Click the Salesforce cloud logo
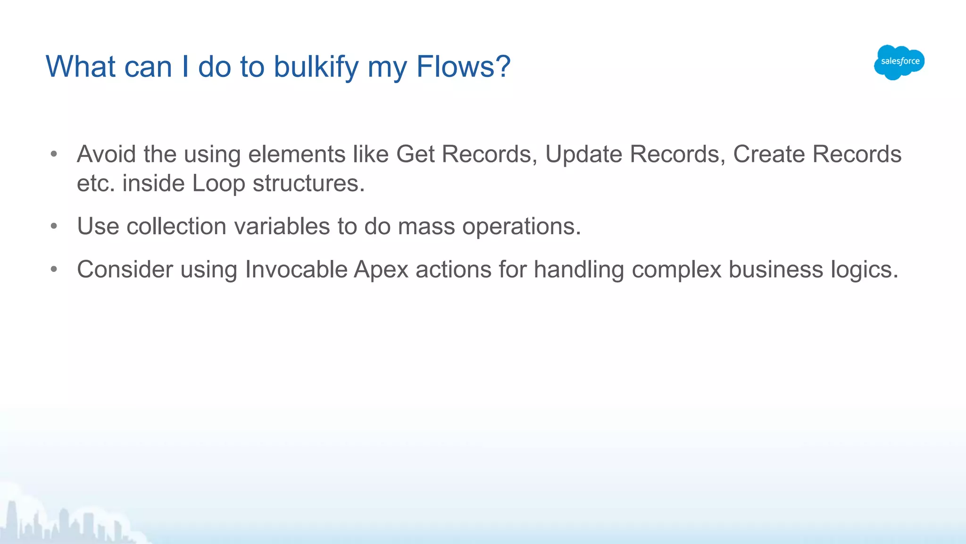tap(899, 62)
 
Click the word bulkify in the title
tap(316, 67)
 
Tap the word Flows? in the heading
tap(463, 67)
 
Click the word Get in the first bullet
tap(415, 154)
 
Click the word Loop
tap(218, 184)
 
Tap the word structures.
tap(308, 184)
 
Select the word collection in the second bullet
tap(176, 227)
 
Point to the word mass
tap(426, 227)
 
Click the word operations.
tap(521, 227)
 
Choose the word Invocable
tap(296, 270)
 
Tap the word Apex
tap(381, 270)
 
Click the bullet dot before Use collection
tap(54, 227)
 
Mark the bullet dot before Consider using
tap(54, 270)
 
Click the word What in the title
tap(81, 67)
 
